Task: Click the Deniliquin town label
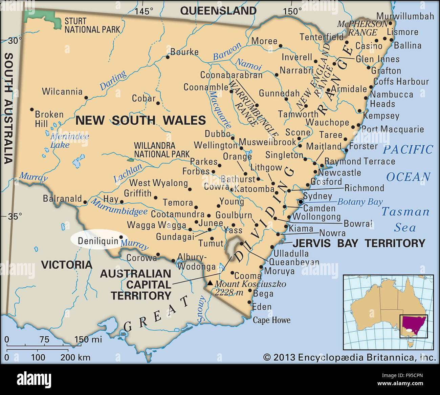[98, 241]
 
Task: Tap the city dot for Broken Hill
[32, 109]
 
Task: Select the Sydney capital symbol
[301, 202]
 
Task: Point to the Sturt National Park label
[92, 25]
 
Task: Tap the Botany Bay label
[360, 202]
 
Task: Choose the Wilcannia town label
[62, 91]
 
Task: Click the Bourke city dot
[167, 57]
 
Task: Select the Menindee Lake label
[69, 141]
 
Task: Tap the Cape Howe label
[271, 320]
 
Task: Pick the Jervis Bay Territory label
[359, 243]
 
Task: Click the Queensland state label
[218, 11]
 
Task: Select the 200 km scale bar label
[75, 357]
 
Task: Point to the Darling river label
[113, 80]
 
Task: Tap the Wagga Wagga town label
[156, 225]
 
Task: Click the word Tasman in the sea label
[405, 212]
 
